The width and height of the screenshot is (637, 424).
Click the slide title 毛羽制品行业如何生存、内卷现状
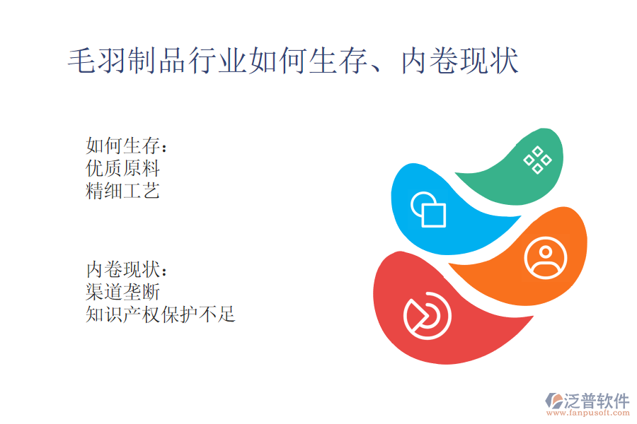pos(293,61)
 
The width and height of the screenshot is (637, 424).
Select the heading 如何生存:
pos(127,146)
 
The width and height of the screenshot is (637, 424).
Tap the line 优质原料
pos(122,168)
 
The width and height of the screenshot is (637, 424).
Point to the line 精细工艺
pos(122,191)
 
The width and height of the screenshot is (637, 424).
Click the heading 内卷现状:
pos(127,269)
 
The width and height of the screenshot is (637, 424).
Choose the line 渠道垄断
pos(122,292)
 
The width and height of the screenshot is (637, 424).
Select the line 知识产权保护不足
pos(161,314)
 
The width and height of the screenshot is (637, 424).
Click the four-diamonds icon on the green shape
pos(537,160)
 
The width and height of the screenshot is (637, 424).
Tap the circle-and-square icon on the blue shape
pos(428,209)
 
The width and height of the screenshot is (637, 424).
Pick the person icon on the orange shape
pos(546,258)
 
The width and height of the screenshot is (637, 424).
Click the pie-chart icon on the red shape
pos(427,316)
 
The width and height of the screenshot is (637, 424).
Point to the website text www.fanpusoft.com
pos(588,413)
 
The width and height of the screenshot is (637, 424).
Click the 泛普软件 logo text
pos(596,401)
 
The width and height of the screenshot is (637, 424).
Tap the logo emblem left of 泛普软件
pos(553,400)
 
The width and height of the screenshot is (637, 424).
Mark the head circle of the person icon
pos(546,252)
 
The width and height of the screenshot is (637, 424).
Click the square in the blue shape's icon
pos(434,214)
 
